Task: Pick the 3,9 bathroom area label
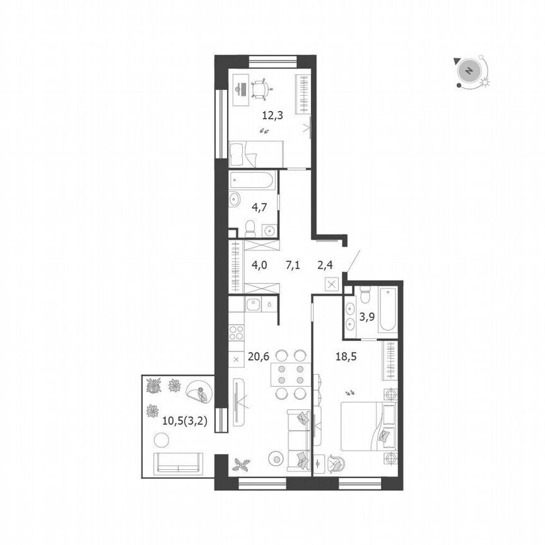tap(368, 317)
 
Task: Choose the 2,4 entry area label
tap(324, 265)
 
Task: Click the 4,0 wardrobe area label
tap(259, 265)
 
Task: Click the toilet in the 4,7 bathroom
tap(249, 225)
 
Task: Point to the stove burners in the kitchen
tap(238, 332)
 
